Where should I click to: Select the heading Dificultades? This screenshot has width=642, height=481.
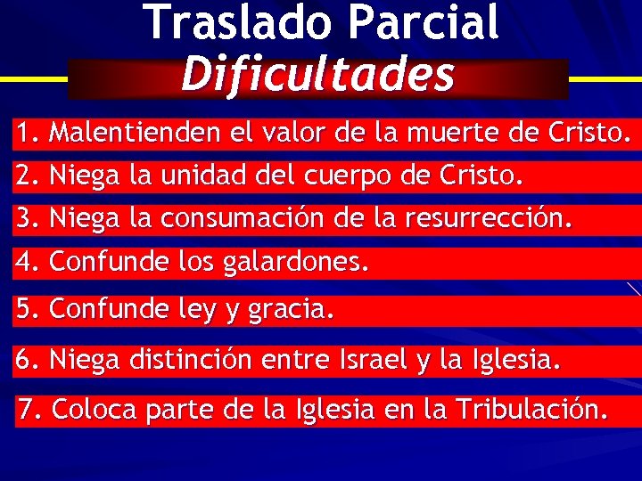pos(317,76)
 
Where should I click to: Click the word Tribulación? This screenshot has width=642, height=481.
pos(531,410)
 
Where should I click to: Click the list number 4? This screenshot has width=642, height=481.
pos(26,262)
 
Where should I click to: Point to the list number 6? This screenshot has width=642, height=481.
pos(26,360)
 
